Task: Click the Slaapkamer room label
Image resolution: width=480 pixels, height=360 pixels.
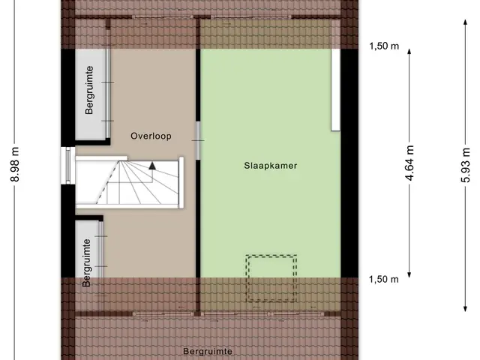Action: (x=270, y=166)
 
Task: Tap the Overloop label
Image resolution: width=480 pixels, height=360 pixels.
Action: (x=151, y=136)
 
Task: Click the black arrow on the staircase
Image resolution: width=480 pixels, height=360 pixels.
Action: (x=152, y=166)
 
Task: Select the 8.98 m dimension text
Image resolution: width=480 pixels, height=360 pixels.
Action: (x=15, y=164)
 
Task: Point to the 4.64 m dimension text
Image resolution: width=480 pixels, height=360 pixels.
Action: (x=409, y=163)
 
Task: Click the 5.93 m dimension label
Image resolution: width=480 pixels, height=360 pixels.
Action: (x=465, y=165)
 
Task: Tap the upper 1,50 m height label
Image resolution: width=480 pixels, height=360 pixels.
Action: (x=384, y=46)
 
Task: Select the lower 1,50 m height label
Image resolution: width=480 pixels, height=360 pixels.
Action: (x=384, y=279)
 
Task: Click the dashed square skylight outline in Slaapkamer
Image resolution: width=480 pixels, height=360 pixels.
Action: (x=271, y=256)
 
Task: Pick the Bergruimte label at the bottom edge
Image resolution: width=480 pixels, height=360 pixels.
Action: (x=208, y=352)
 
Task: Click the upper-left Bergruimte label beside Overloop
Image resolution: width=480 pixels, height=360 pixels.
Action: (x=89, y=90)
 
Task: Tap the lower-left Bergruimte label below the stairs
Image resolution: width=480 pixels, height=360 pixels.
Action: (x=87, y=263)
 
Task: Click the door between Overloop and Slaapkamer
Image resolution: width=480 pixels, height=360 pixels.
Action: (x=198, y=140)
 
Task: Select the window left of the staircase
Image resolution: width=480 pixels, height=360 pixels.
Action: (x=68, y=166)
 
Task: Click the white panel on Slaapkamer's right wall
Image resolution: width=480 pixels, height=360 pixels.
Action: (x=336, y=90)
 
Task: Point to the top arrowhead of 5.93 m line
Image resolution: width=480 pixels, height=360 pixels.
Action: (x=465, y=22)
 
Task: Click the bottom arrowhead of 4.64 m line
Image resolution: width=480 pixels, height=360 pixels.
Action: (x=409, y=275)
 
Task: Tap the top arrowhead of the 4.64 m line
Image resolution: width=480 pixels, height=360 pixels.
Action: (x=409, y=52)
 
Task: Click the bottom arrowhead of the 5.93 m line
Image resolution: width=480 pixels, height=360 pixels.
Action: (x=465, y=309)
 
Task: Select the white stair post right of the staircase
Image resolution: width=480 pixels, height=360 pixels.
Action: (x=181, y=182)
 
